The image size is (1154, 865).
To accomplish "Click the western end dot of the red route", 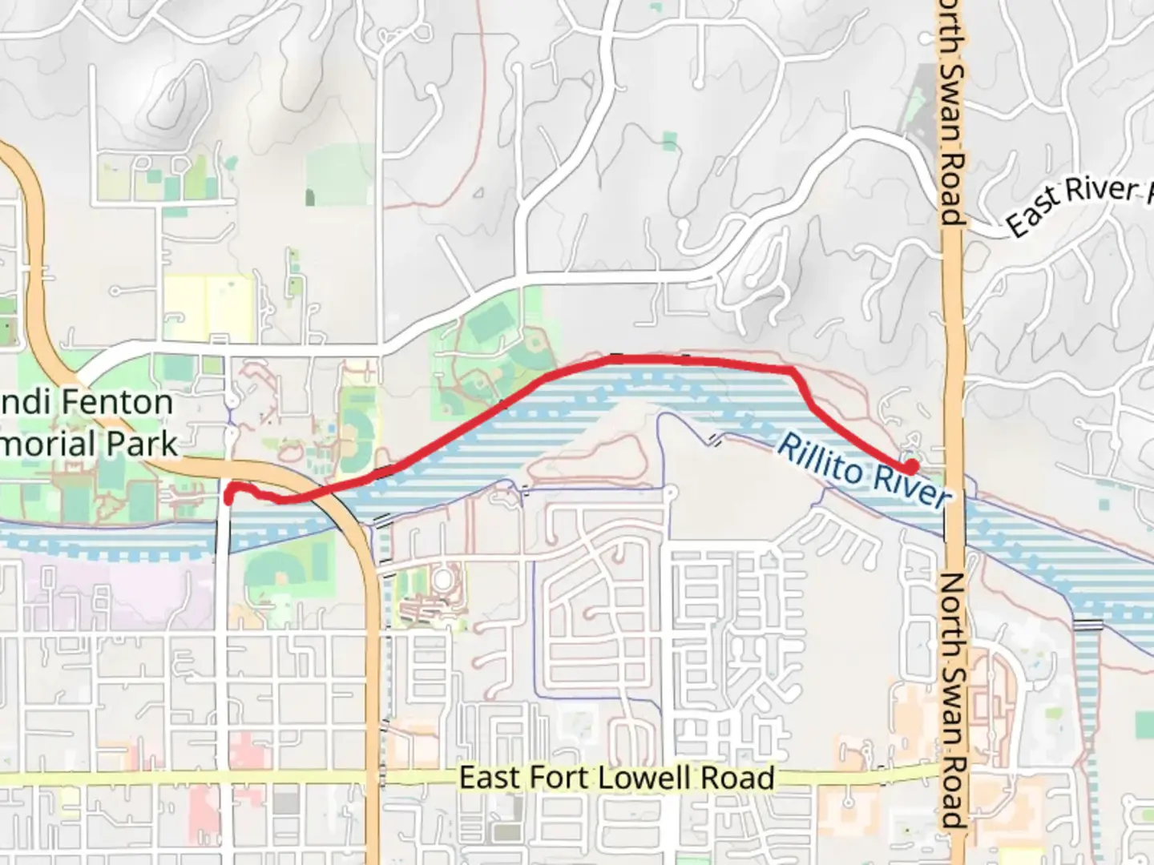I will pos(228,497).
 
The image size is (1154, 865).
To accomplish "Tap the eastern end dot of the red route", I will pos(911,465).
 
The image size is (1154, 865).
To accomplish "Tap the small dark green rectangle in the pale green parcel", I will pos(310,196).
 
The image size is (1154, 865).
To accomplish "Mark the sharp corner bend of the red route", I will pos(792,372).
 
